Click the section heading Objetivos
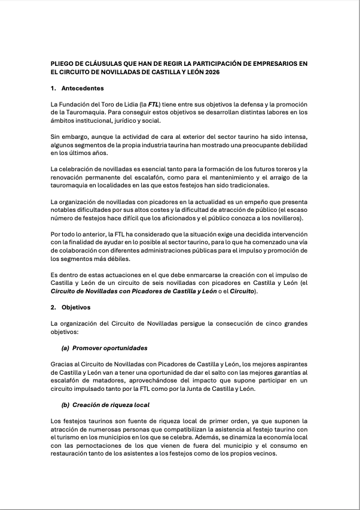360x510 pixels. [x=75, y=306]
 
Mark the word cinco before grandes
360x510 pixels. [x=269, y=323]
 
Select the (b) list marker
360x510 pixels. [x=65, y=405]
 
